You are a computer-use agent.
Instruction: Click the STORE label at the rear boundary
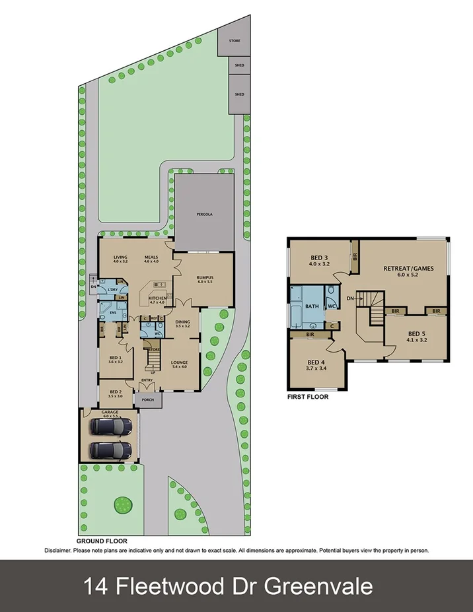[x=235, y=41]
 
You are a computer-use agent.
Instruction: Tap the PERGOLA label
[x=203, y=215]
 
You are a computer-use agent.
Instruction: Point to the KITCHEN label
[x=157, y=298]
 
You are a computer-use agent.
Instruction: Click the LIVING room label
[x=120, y=257]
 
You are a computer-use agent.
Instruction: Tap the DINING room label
[x=183, y=322]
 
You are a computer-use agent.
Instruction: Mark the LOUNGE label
[x=180, y=362]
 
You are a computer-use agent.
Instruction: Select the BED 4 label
[x=317, y=362]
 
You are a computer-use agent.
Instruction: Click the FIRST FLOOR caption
[x=307, y=397]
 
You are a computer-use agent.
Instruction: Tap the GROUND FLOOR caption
[x=102, y=540]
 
